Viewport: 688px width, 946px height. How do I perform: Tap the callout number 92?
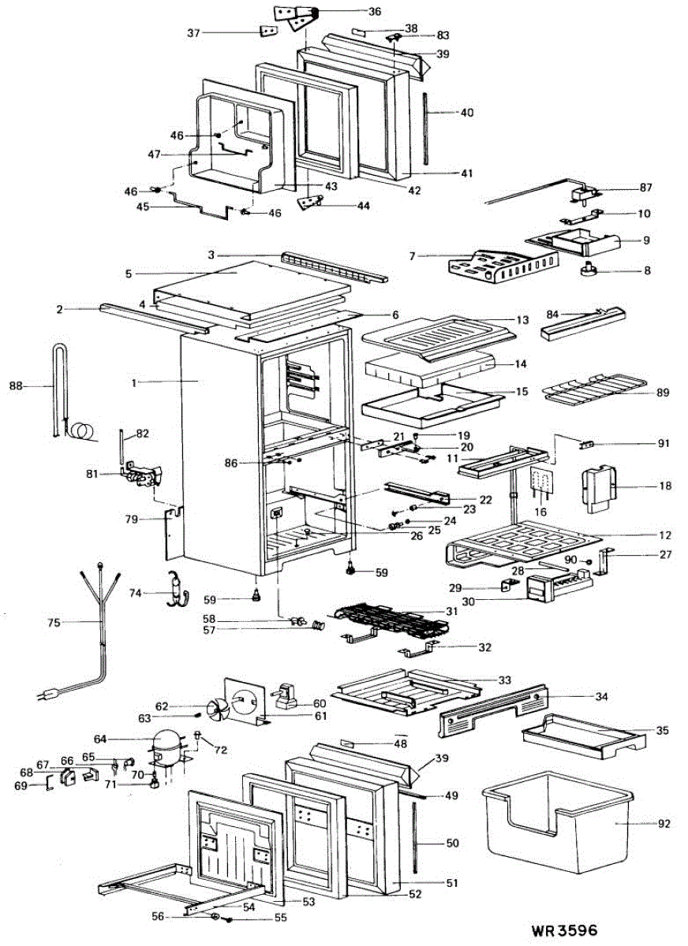[x=663, y=824]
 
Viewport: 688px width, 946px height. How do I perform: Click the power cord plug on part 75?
[x=47, y=695]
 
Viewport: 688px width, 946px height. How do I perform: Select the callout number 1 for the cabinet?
[x=135, y=382]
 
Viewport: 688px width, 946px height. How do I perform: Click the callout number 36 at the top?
[x=374, y=12]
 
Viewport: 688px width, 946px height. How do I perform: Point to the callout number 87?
[x=645, y=188]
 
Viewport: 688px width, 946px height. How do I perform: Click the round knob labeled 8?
[x=589, y=270]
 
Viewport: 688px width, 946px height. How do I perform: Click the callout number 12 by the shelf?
[x=664, y=535]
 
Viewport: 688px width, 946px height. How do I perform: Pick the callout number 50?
[x=452, y=844]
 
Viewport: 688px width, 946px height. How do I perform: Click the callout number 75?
[x=53, y=622]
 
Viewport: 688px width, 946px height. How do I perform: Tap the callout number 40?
[x=467, y=113]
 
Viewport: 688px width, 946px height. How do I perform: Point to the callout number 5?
[x=127, y=274]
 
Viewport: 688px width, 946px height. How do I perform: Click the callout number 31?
[x=451, y=612]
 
